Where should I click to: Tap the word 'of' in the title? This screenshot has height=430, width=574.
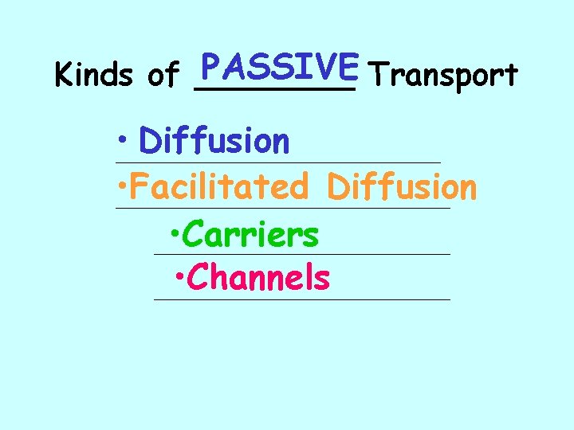163,76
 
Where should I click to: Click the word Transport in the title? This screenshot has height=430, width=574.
445,76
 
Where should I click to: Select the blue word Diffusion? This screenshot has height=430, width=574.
214,142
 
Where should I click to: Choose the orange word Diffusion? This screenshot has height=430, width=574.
402,188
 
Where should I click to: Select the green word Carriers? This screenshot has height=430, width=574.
251,235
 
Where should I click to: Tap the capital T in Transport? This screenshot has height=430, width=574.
380,76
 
